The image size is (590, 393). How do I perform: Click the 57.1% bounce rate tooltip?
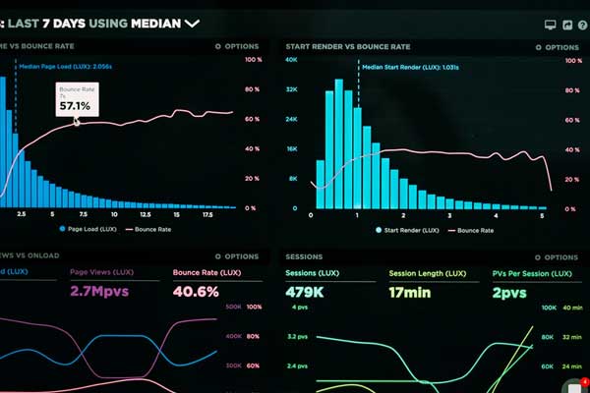(x=75, y=101)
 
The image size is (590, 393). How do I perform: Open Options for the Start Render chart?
(x=556, y=46)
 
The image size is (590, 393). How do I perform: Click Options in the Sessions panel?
(x=556, y=254)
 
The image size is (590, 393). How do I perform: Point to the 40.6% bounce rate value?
(x=196, y=292)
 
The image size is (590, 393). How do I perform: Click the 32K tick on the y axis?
(x=291, y=89)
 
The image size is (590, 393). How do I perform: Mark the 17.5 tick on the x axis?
(x=207, y=214)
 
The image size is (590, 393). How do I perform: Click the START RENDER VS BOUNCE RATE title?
(x=348, y=46)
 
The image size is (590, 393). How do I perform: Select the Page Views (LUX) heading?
(x=102, y=272)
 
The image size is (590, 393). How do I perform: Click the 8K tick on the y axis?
(x=293, y=179)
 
